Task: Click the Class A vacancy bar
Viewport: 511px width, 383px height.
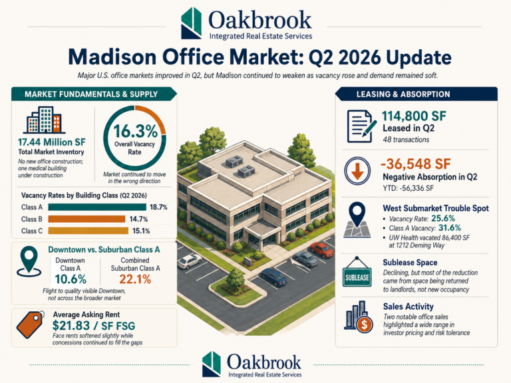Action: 97,207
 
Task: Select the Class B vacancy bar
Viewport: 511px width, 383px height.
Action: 86,219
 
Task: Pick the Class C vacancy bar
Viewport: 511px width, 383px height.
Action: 88,231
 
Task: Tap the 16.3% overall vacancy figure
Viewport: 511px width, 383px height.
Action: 136,132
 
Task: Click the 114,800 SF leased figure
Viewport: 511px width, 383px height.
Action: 414,116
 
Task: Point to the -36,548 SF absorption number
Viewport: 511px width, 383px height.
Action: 415,164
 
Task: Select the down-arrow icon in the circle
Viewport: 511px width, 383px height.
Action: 357,171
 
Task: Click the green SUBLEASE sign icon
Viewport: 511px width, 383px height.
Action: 357,275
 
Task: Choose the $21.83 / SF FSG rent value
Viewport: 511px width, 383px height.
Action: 94,326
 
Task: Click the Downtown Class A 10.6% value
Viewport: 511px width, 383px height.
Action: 71,279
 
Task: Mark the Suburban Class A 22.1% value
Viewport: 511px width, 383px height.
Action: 135,279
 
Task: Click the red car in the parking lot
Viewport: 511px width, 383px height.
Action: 322,249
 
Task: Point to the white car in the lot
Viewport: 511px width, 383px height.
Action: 190,261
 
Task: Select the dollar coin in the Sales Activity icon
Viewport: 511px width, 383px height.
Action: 365,324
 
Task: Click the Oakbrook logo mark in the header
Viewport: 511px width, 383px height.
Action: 191,23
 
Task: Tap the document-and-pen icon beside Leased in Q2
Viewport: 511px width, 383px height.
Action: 361,126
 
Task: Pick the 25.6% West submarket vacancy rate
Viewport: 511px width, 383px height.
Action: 443,218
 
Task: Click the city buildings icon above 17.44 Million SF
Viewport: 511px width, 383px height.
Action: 44,120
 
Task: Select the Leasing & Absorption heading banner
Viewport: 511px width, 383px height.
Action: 416,94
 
